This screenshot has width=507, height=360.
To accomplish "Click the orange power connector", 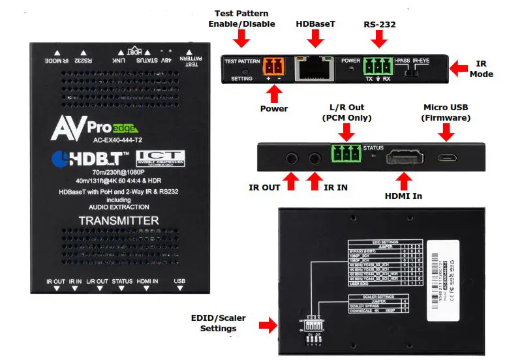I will (x=273, y=67).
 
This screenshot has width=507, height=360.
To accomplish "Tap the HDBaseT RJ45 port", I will (x=316, y=68).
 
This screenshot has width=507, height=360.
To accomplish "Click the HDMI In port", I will (x=405, y=158).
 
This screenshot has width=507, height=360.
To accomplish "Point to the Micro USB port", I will (x=447, y=158).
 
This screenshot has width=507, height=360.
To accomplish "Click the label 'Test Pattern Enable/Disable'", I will (x=241, y=19).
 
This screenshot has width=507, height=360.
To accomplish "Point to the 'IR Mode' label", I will (x=482, y=68).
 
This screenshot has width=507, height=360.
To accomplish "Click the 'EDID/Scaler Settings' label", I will (x=219, y=323).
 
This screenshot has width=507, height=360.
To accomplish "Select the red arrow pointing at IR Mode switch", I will (x=459, y=67).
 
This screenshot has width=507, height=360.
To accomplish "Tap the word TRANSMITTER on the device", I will (x=119, y=220).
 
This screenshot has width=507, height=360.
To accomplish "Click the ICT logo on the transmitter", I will (x=161, y=158).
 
